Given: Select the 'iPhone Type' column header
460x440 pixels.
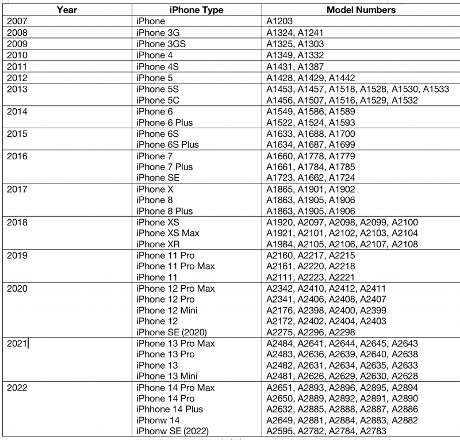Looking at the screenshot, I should coord(196,10).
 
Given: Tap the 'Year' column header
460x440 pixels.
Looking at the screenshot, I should coord(68,10).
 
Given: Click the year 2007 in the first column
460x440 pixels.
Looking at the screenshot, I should coord(18,21).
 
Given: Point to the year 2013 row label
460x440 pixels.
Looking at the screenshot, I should coord(18,89).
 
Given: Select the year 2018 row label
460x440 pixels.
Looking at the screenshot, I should coord(18,222).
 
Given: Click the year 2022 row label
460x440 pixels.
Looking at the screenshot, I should coord(18,388).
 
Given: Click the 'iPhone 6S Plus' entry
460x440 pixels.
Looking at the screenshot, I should coord(167,144).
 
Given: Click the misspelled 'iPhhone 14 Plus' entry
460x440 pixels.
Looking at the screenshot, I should coord(170,410).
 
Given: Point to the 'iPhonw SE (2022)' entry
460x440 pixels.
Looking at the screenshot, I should coord(172,431).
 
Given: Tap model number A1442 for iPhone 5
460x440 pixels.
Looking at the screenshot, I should coord(342,78).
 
